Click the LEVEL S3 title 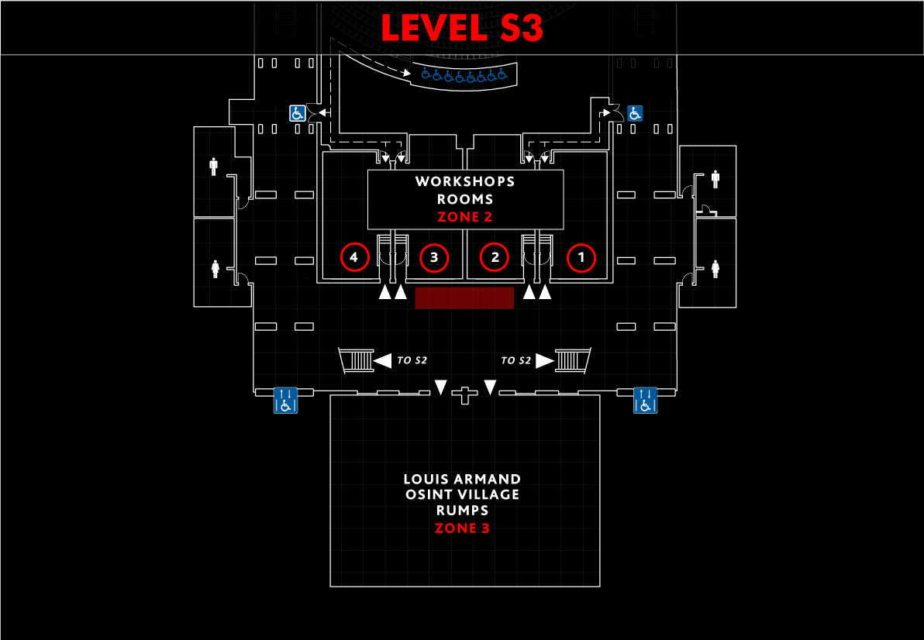click(x=461, y=28)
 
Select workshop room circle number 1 click(x=581, y=257)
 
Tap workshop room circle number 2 click(x=495, y=257)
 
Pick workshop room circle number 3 click(x=434, y=257)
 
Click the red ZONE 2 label click(x=464, y=217)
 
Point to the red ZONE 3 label click(x=462, y=528)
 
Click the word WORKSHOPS click(x=465, y=182)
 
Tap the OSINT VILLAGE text click(x=462, y=494)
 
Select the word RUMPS click(x=462, y=511)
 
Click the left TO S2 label click(x=412, y=360)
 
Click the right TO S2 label click(x=516, y=360)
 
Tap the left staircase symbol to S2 click(x=357, y=361)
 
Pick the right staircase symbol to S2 click(x=574, y=361)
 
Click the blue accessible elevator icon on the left click(x=285, y=400)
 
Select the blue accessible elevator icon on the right click(x=645, y=400)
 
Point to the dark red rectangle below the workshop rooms click(x=464, y=298)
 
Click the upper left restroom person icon click(x=213, y=167)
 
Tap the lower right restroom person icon click(x=715, y=269)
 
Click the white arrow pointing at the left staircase click(x=383, y=360)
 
